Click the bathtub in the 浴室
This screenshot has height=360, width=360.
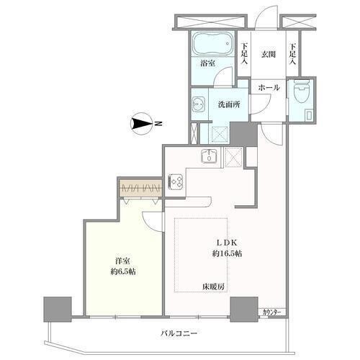(212, 44)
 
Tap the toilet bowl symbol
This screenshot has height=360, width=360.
(301, 92)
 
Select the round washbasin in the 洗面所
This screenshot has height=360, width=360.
(198, 104)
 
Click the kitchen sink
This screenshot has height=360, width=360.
(209, 156)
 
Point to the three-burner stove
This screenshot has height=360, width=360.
(176, 181)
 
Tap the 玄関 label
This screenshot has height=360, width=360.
(269, 55)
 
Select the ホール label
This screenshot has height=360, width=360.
(269, 88)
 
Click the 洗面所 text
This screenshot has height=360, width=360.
(229, 104)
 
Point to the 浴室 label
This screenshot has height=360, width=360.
(207, 63)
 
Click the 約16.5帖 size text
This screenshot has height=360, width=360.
(227, 253)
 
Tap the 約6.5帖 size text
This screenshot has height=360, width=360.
(123, 271)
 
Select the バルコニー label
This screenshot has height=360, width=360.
(179, 333)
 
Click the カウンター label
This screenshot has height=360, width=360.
(271, 312)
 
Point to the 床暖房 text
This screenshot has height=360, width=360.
(213, 287)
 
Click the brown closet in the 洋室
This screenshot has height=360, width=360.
(140, 187)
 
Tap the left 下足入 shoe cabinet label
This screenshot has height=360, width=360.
(244, 54)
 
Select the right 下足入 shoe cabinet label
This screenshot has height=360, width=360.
(292, 54)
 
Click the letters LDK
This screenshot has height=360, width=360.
(227, 243)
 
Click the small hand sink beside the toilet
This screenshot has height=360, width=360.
(308, 114)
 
